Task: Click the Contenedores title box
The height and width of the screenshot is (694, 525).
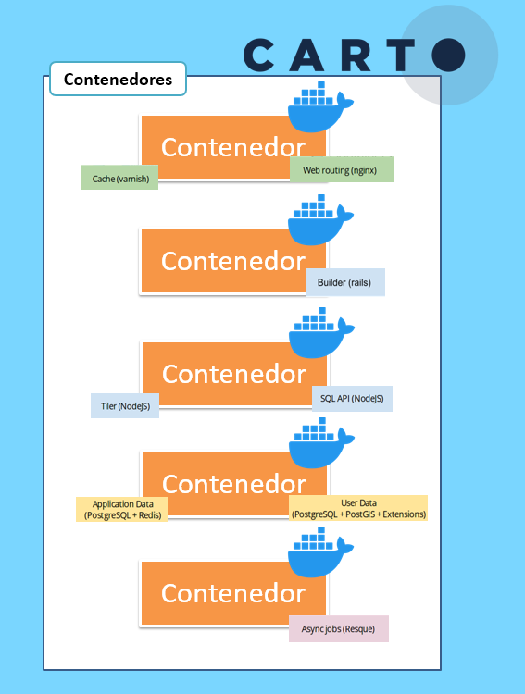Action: (x=118, y=79)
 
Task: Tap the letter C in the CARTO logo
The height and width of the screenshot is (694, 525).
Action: (x=258, y=55)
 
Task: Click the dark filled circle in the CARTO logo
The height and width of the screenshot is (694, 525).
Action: (x=448, y=55)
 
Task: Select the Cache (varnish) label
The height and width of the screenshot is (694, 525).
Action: (x=119, y=178)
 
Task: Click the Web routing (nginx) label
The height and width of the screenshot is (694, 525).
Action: (x=342, y=169)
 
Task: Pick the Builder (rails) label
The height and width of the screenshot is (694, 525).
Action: (x=345, y=282)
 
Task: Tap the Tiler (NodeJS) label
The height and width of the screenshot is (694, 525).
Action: (x=125, y=406)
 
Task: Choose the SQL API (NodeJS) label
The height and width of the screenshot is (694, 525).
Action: (x=352, y=399)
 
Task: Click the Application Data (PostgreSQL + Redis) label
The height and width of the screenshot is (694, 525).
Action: (x=122, y=510)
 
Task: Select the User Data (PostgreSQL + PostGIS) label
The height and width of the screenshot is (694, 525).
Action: (x=358, y=508)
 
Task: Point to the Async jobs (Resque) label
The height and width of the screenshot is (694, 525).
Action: (x=339, y=628)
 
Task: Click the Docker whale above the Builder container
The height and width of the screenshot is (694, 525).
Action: (x=320, y=220)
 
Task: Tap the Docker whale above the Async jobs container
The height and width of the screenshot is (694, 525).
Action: (x=320, y=551)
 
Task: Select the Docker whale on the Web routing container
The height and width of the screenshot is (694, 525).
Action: (x=320, y=107)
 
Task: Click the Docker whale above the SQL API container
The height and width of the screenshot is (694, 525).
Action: (x=321, y=333)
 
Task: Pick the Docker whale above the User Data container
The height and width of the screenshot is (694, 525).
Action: (x=321, y=443)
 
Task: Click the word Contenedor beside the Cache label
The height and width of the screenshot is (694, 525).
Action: (x=233, y=147)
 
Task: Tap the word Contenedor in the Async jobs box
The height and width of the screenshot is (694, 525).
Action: (x=233, y=593)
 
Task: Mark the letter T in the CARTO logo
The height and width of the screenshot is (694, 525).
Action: (x=401, y=55)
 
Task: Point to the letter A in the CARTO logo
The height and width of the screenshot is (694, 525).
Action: (x=306, y=55)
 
